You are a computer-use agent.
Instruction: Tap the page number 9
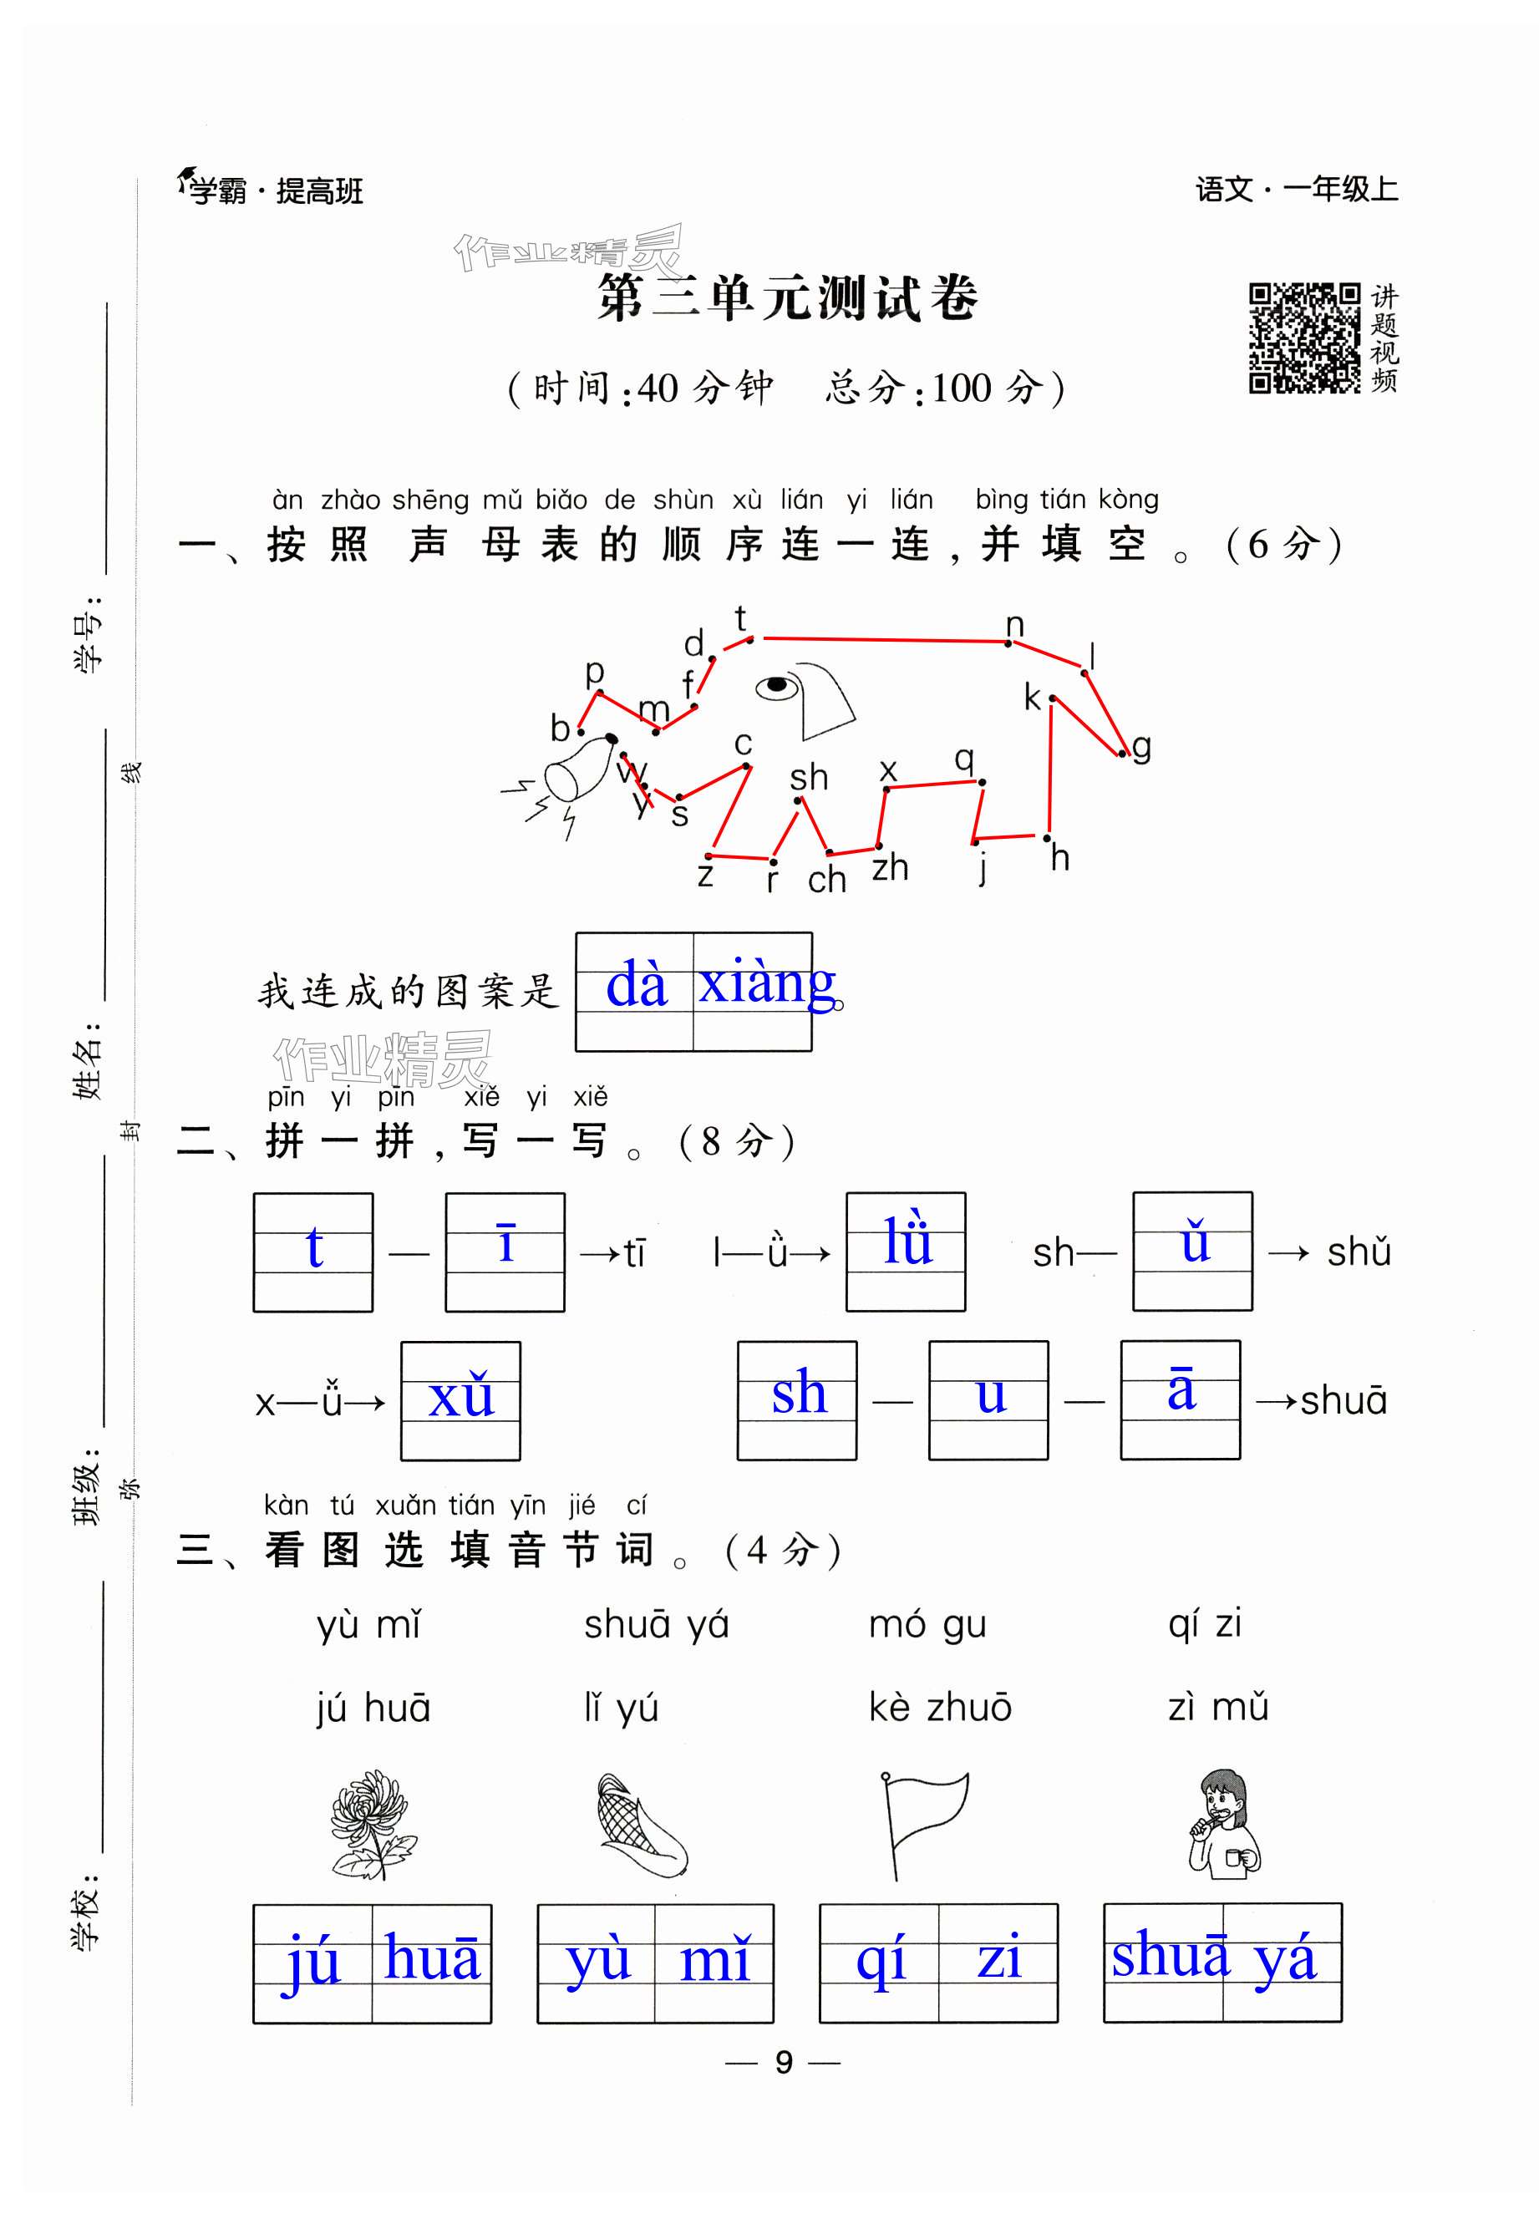[783, 2063]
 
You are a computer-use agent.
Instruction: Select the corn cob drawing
[640, 1826]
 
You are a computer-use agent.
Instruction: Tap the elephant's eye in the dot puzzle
[777, 686]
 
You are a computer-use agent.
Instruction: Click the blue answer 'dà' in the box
[637, 986]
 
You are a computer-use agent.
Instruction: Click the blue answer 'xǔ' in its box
[461, 1396]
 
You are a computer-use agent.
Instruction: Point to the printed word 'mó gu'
[927, 1624]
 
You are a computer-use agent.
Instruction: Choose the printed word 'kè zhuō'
[939, 1707]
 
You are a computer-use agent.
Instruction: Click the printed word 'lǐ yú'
[620, 1708]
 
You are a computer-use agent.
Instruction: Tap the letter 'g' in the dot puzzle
[1141, 746]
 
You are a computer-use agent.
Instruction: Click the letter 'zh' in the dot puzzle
[890, 868]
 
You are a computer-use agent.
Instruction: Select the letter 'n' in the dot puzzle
[1014, 625]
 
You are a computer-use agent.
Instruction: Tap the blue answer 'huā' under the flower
[431, 1958]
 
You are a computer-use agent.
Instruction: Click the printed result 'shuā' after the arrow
[1343, 1401]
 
